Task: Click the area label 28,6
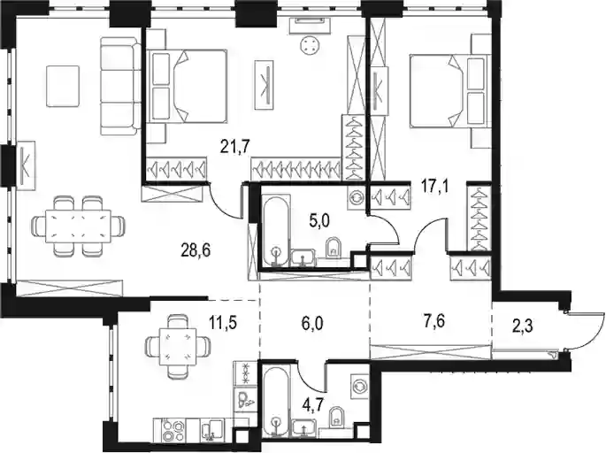coord(196,251)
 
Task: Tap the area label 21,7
coord(235,147)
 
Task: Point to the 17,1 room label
coord(435,189)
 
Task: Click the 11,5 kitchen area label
coord(222,321)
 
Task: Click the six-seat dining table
coord(78,226)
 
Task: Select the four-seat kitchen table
coord(179,342)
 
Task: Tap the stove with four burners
coord(173,429)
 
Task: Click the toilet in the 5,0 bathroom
coord(334,248)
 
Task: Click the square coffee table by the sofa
coord(63,86)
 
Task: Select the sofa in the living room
coord(120,86)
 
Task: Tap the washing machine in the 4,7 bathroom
coord(360,386)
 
